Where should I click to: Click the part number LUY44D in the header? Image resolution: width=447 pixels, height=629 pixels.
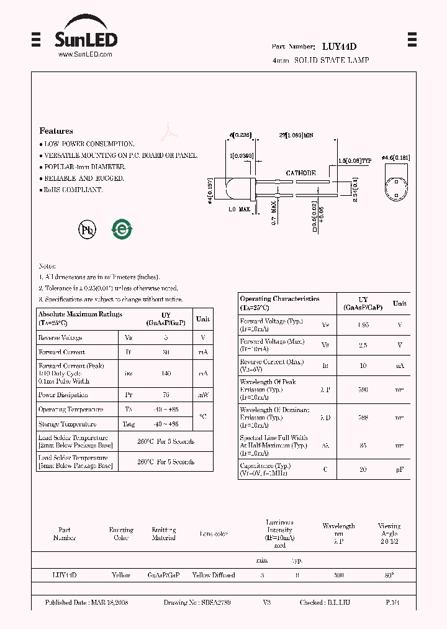tap(339, 47)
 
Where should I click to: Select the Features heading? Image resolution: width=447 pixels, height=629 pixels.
tap(56, 131)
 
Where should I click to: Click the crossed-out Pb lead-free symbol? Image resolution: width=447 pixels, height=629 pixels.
tap(88, 229)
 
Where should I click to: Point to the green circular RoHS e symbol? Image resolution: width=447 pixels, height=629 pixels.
tap(121, 229)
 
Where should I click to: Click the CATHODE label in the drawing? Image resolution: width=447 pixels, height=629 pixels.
tap(300, 173)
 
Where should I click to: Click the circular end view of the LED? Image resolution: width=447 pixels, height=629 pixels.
tap(395, 188)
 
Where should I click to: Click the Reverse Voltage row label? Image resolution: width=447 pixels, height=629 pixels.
tap(60, 338)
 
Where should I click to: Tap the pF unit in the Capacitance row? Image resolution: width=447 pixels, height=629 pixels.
tap(399, 470)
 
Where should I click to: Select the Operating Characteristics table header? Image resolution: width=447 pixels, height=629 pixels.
tap(279, 303)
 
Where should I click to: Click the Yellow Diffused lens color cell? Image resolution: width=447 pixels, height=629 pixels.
tap(214, 576)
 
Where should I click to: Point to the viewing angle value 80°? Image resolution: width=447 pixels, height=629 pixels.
tap(389, 576)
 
